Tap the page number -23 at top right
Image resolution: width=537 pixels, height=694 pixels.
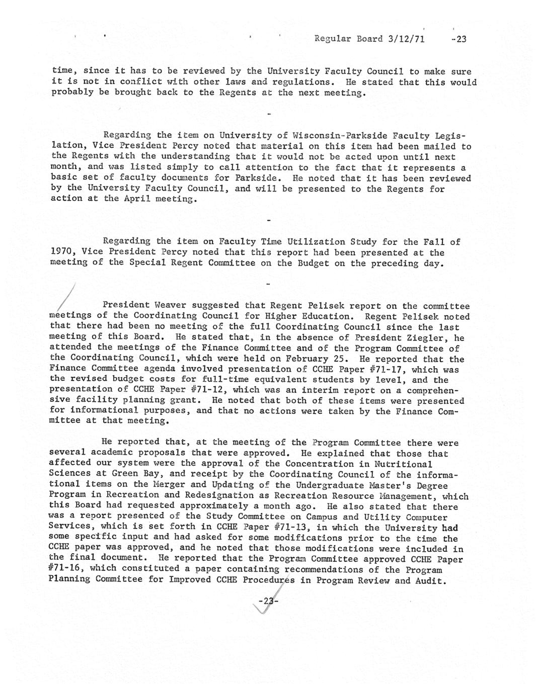coord(459,39)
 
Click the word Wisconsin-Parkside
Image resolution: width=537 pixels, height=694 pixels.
coord(341,135)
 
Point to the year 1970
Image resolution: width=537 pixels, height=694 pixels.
coord(63,252)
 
